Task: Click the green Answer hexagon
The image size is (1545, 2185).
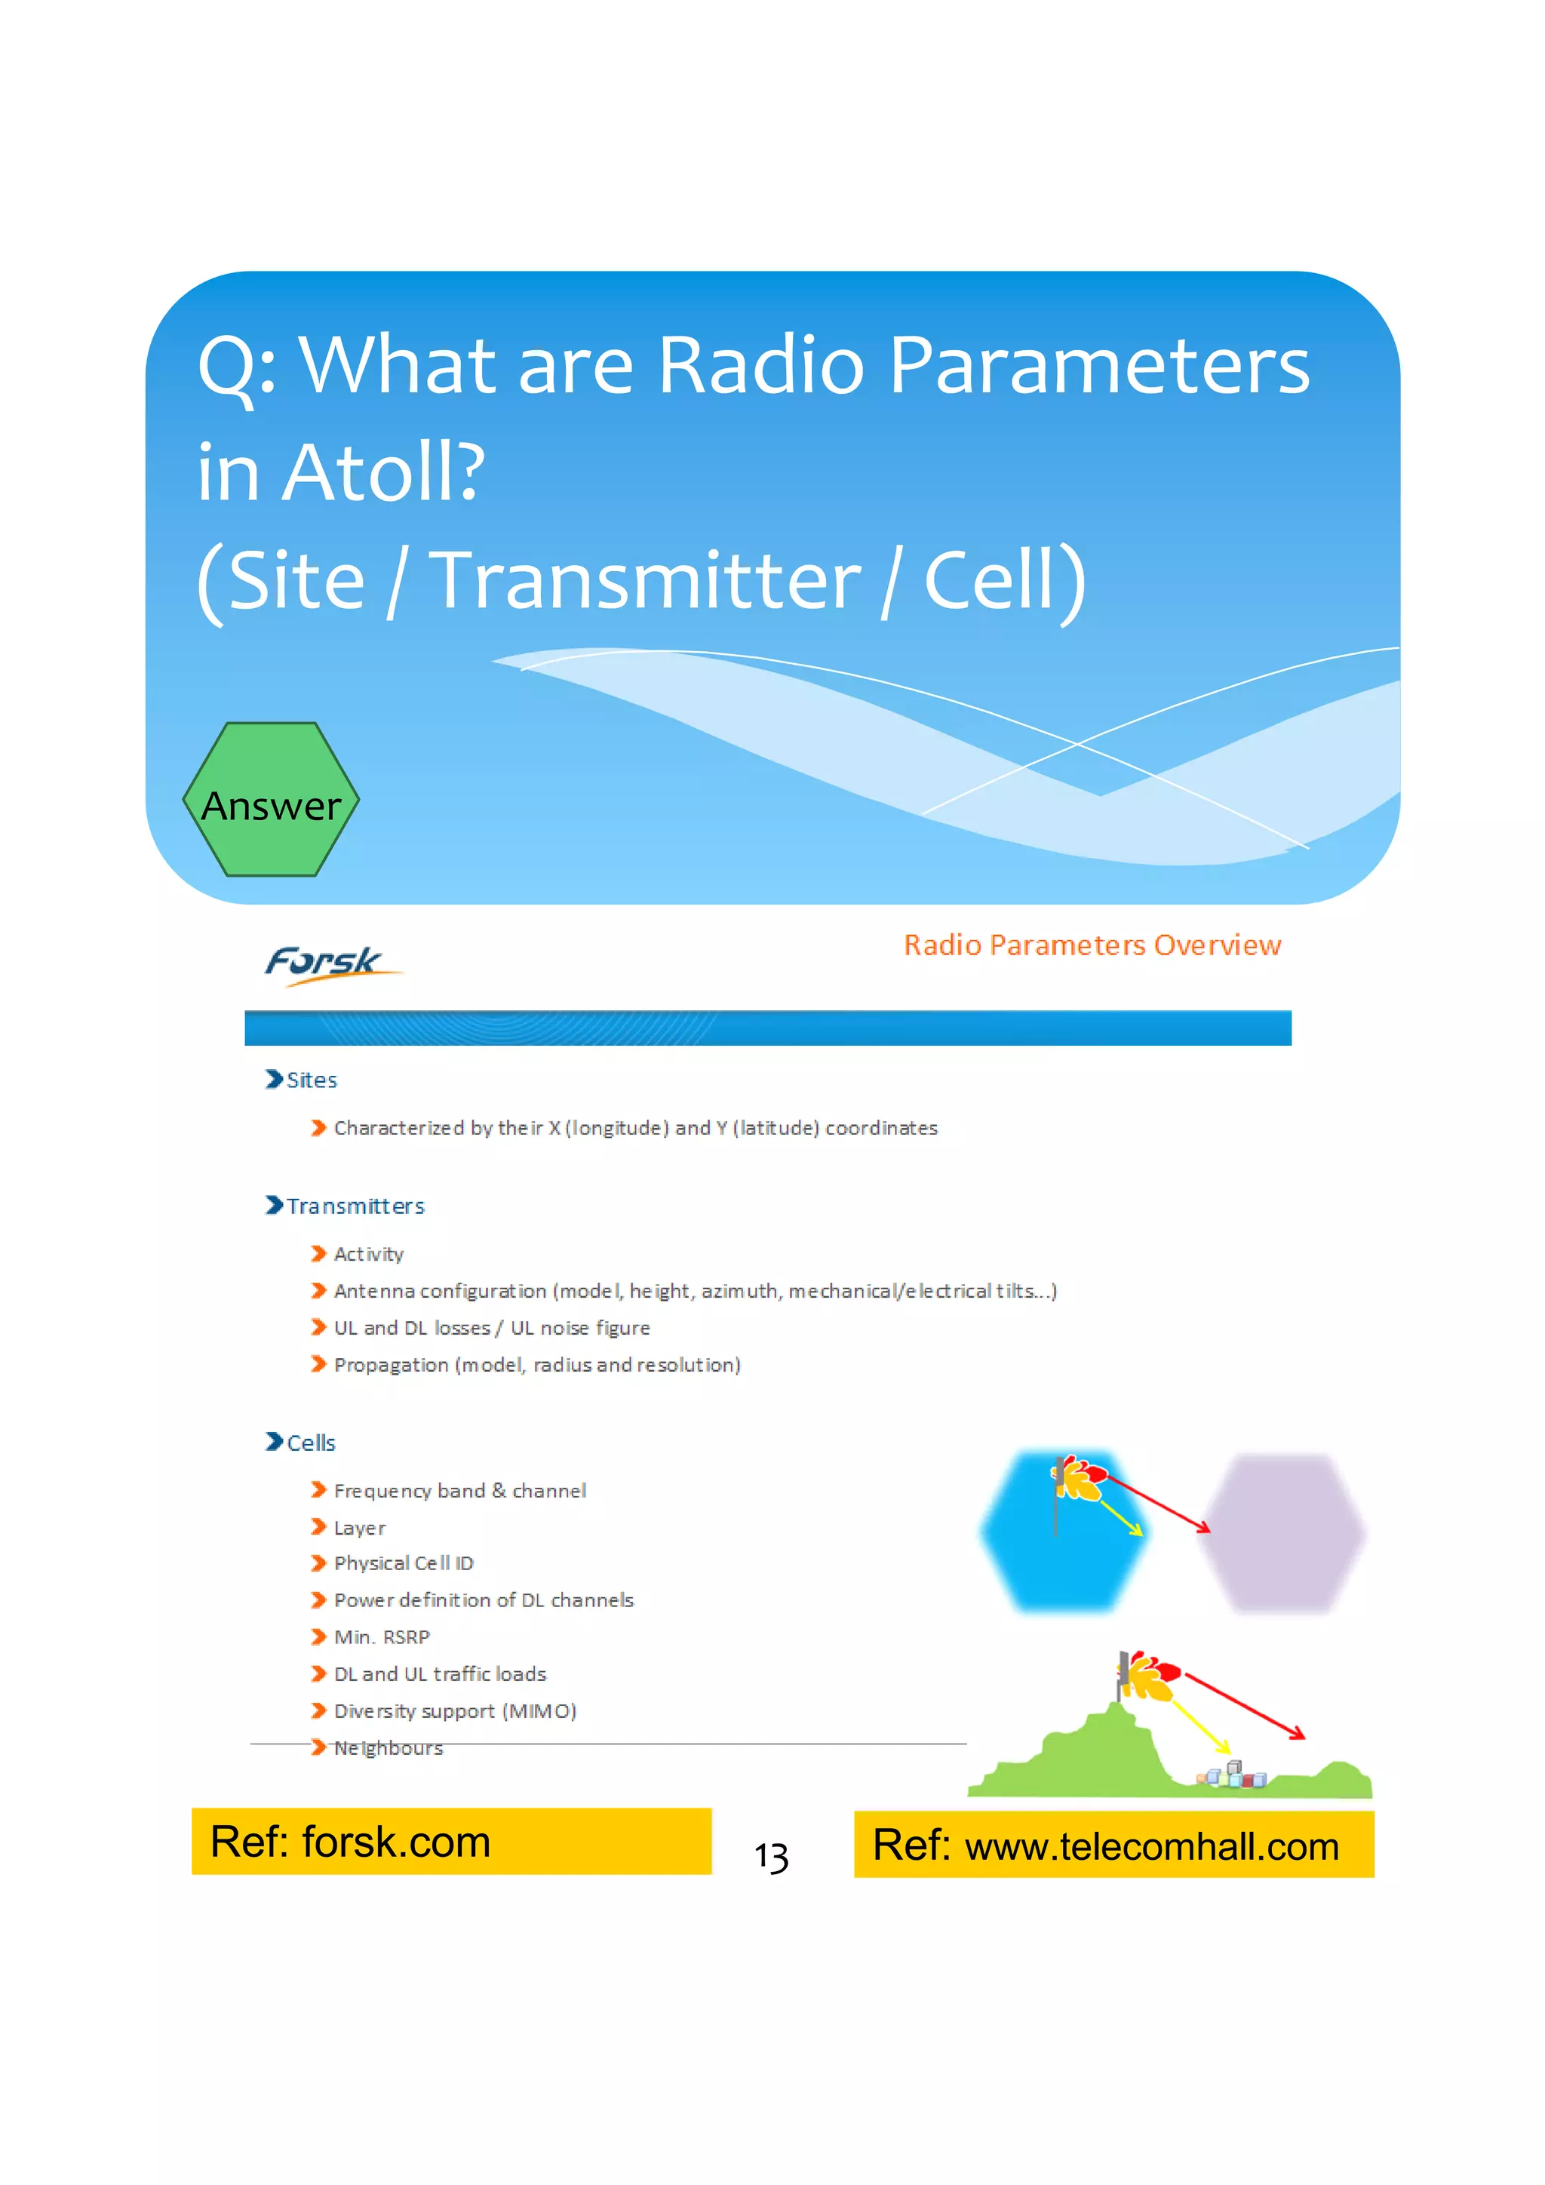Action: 271,801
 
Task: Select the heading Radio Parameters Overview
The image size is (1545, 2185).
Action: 1091,945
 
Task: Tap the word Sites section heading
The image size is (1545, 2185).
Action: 311,1080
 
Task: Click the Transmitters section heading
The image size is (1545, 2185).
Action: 355,1206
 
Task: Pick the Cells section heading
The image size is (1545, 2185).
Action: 310,1443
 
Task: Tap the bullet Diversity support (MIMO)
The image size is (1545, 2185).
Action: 455,1711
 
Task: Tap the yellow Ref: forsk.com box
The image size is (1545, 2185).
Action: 451,1842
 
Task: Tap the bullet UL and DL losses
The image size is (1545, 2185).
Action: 411,1328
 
